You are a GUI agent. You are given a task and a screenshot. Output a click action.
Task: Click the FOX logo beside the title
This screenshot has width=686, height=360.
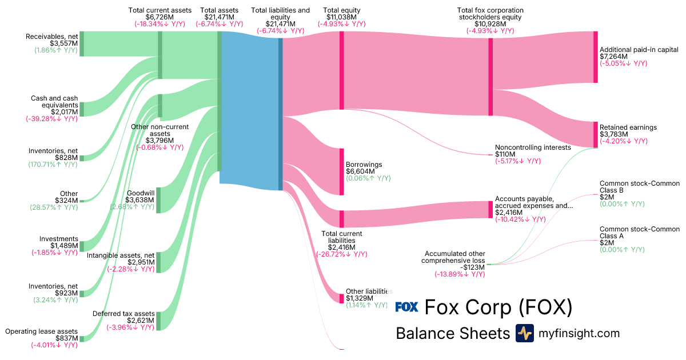pyautogui.click(x=407, y=307)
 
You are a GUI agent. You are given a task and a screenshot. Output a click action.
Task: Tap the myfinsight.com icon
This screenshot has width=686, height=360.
pyautogui.click(x=525, y=333)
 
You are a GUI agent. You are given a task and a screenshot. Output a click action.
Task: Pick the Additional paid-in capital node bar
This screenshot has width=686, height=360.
pyautogui.click(x=595, y=57)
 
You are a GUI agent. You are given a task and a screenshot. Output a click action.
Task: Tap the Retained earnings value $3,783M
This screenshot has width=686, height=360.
pyautogui.click(x=613, y=134)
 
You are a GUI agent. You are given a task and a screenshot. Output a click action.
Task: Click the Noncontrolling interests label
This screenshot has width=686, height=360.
pyautogui.click(x=533, y=147)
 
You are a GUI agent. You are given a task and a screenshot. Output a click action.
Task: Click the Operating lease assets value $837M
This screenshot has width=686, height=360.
pyautogui.click(x=66, y=338)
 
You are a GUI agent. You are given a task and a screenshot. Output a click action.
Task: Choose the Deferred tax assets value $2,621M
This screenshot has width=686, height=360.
pyautogui.click(x=139, y=321)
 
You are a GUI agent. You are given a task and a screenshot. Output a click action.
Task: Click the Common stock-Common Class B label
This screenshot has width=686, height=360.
pyautogui.click(x=639, y=187)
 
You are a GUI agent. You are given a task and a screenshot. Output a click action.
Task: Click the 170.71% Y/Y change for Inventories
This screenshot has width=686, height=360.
pyautogui.click(x=53, y=165)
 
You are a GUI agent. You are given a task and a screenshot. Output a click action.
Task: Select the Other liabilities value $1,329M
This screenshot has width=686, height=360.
pyautogui.click(x=360, y=298)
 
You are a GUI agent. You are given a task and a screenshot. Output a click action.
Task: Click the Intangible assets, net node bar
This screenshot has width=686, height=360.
pyautogui.click(x=158, y=262)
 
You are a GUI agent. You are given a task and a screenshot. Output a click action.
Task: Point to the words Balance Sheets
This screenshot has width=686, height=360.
pyautogui.click(x=452, y=334)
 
